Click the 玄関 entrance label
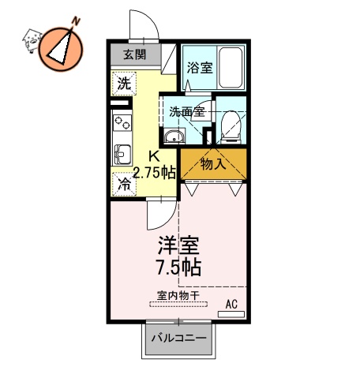(x=134, y=54)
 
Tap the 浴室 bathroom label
(x=199, y=68)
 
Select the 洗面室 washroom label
(x=186, y=111)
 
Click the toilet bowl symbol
(x=231, y=124)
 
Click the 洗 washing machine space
(x=123, y=82)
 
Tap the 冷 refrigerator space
(x=124, y=184)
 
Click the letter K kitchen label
(x=156, y=157)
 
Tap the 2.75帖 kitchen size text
(x=154, y=174)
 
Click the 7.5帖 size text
(x=178, y=267)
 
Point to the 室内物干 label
(x=178, y=296)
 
